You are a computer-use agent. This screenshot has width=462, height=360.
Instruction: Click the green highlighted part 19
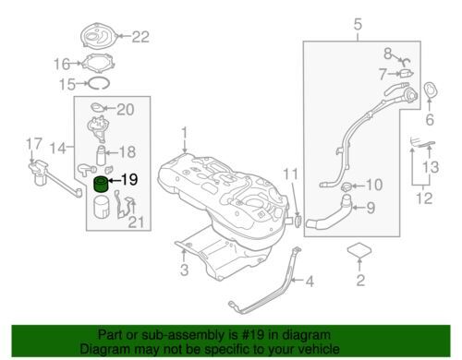coord(101,185)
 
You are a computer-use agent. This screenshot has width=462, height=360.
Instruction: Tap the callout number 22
coord(140,37)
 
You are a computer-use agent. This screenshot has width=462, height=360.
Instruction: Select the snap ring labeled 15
coord(99,83)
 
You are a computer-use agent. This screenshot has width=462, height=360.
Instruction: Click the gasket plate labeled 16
coord(98,64)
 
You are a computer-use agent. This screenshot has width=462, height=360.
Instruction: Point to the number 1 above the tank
coord(184,134)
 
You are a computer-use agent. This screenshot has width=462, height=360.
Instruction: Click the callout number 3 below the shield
coord(184,270)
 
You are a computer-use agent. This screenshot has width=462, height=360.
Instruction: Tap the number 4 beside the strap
coord(310,282)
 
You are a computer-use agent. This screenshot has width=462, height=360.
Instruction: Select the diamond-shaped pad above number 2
coord(359,250)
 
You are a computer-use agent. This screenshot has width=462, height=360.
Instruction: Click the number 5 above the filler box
coord(358,24)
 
